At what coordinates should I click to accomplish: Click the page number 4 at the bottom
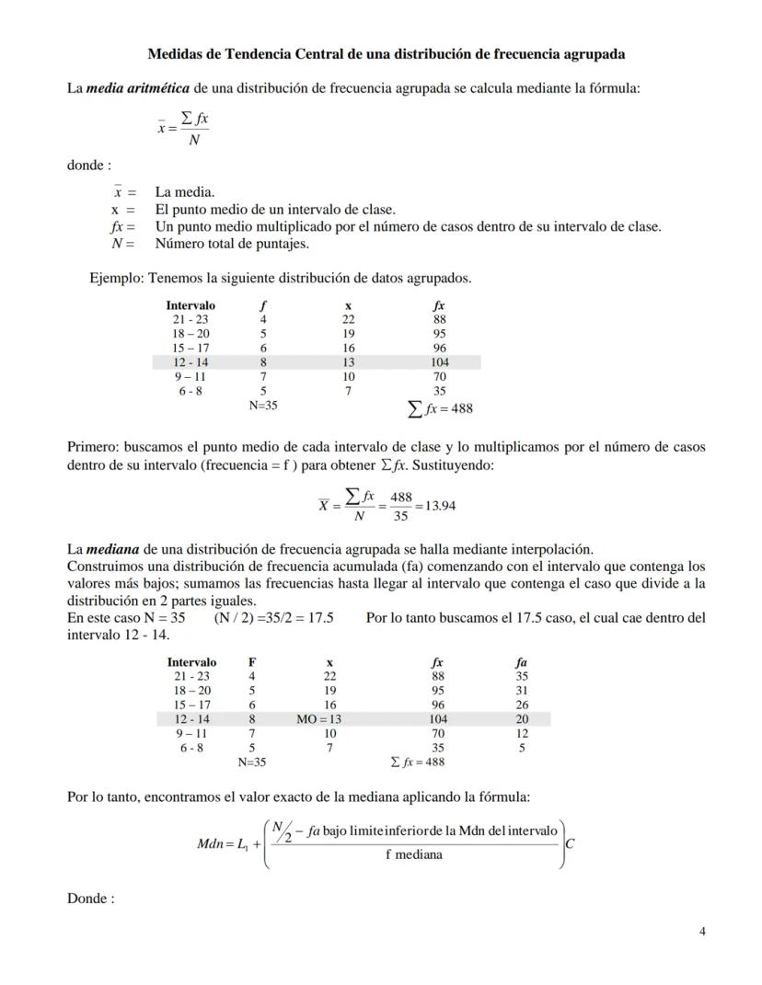pos(702,931)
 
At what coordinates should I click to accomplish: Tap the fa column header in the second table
pos(522,662)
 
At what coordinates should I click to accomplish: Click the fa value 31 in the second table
pos(522,691)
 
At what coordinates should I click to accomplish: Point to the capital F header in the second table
pos(252,662)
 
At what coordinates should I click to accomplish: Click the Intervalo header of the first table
pos(190,305)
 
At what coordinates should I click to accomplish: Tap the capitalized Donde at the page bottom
pos(90,899)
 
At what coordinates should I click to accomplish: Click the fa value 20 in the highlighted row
pos(522,719)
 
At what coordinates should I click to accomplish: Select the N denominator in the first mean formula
pos(193,141)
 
